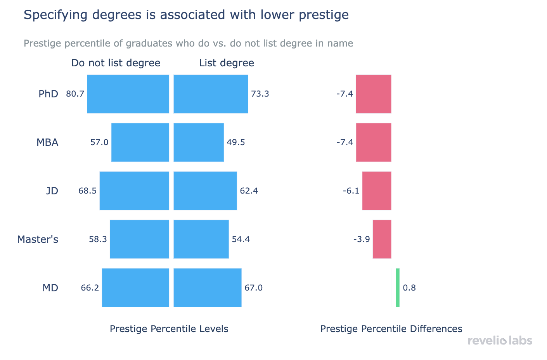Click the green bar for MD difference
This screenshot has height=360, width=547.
tap(398, 287)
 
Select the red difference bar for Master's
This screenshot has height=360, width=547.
tap(382, 239)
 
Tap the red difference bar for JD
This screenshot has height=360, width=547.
tap(377, 190)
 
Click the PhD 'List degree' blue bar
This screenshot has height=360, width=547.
tap(211, 94)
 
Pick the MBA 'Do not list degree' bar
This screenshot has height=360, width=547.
tap(140, 142)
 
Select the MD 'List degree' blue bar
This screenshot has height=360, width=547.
tap(208, 287)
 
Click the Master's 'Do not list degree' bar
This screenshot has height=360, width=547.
tap(139, 239)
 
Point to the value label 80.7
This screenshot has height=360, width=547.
tap(75, 94)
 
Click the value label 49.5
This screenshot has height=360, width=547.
tap(236, 142)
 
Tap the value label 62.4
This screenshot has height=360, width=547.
tap(249, 190)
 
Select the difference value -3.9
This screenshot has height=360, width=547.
tap(362, 239)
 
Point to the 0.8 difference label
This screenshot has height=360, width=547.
tap(409, 287)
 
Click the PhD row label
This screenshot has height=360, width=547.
tap(48, 94)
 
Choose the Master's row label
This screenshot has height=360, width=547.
tap(38, 239)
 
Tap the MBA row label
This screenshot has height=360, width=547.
tap(47, 142)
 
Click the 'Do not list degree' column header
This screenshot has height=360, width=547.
tap(116, 63)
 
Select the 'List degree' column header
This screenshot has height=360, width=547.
tap(227, 63)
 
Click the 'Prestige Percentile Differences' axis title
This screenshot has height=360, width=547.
tap(391, 329)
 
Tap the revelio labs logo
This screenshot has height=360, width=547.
tap(500, 341)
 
